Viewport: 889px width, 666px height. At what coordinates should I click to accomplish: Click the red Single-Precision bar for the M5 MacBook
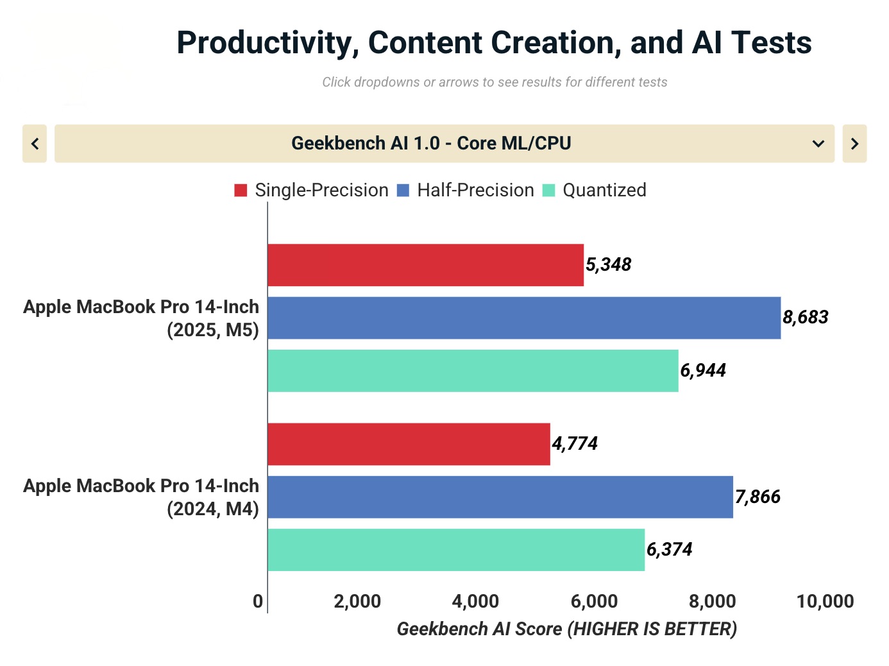[425, 265]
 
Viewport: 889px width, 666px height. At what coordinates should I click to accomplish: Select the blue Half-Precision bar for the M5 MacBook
[524, 318]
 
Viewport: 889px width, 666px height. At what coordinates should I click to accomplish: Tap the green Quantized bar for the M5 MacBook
[473, 371]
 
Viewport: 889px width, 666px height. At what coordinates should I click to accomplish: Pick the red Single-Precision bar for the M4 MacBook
[409, 444]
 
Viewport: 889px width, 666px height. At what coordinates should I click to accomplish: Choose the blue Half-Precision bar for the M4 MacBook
[500, 497]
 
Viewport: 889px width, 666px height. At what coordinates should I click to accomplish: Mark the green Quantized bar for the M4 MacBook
[456, 550]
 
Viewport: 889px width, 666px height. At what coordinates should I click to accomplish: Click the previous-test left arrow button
[35, 144]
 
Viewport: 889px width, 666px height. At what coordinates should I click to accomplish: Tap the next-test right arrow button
[854, 144]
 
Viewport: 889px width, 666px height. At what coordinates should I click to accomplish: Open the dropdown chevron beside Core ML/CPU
[818, 144]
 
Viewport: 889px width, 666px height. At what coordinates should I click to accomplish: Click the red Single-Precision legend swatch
[241, 191]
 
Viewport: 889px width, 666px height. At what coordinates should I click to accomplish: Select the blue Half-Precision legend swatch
[403, 191]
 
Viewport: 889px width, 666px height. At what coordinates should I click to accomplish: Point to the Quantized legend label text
[604, 191]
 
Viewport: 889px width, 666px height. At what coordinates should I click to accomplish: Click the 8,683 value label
[806, 318]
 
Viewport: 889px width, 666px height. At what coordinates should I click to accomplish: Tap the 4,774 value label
[575, 444]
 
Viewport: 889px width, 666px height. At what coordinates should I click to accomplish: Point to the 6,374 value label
[670, 550]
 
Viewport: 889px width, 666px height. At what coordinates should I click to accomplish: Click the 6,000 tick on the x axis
[594, 602]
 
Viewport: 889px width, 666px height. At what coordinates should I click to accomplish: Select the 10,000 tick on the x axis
[825, 602]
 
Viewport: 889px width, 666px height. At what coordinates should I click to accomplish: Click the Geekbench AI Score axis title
[567, 629]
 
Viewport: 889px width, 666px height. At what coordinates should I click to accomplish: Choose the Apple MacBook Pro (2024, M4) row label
[141, 497]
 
